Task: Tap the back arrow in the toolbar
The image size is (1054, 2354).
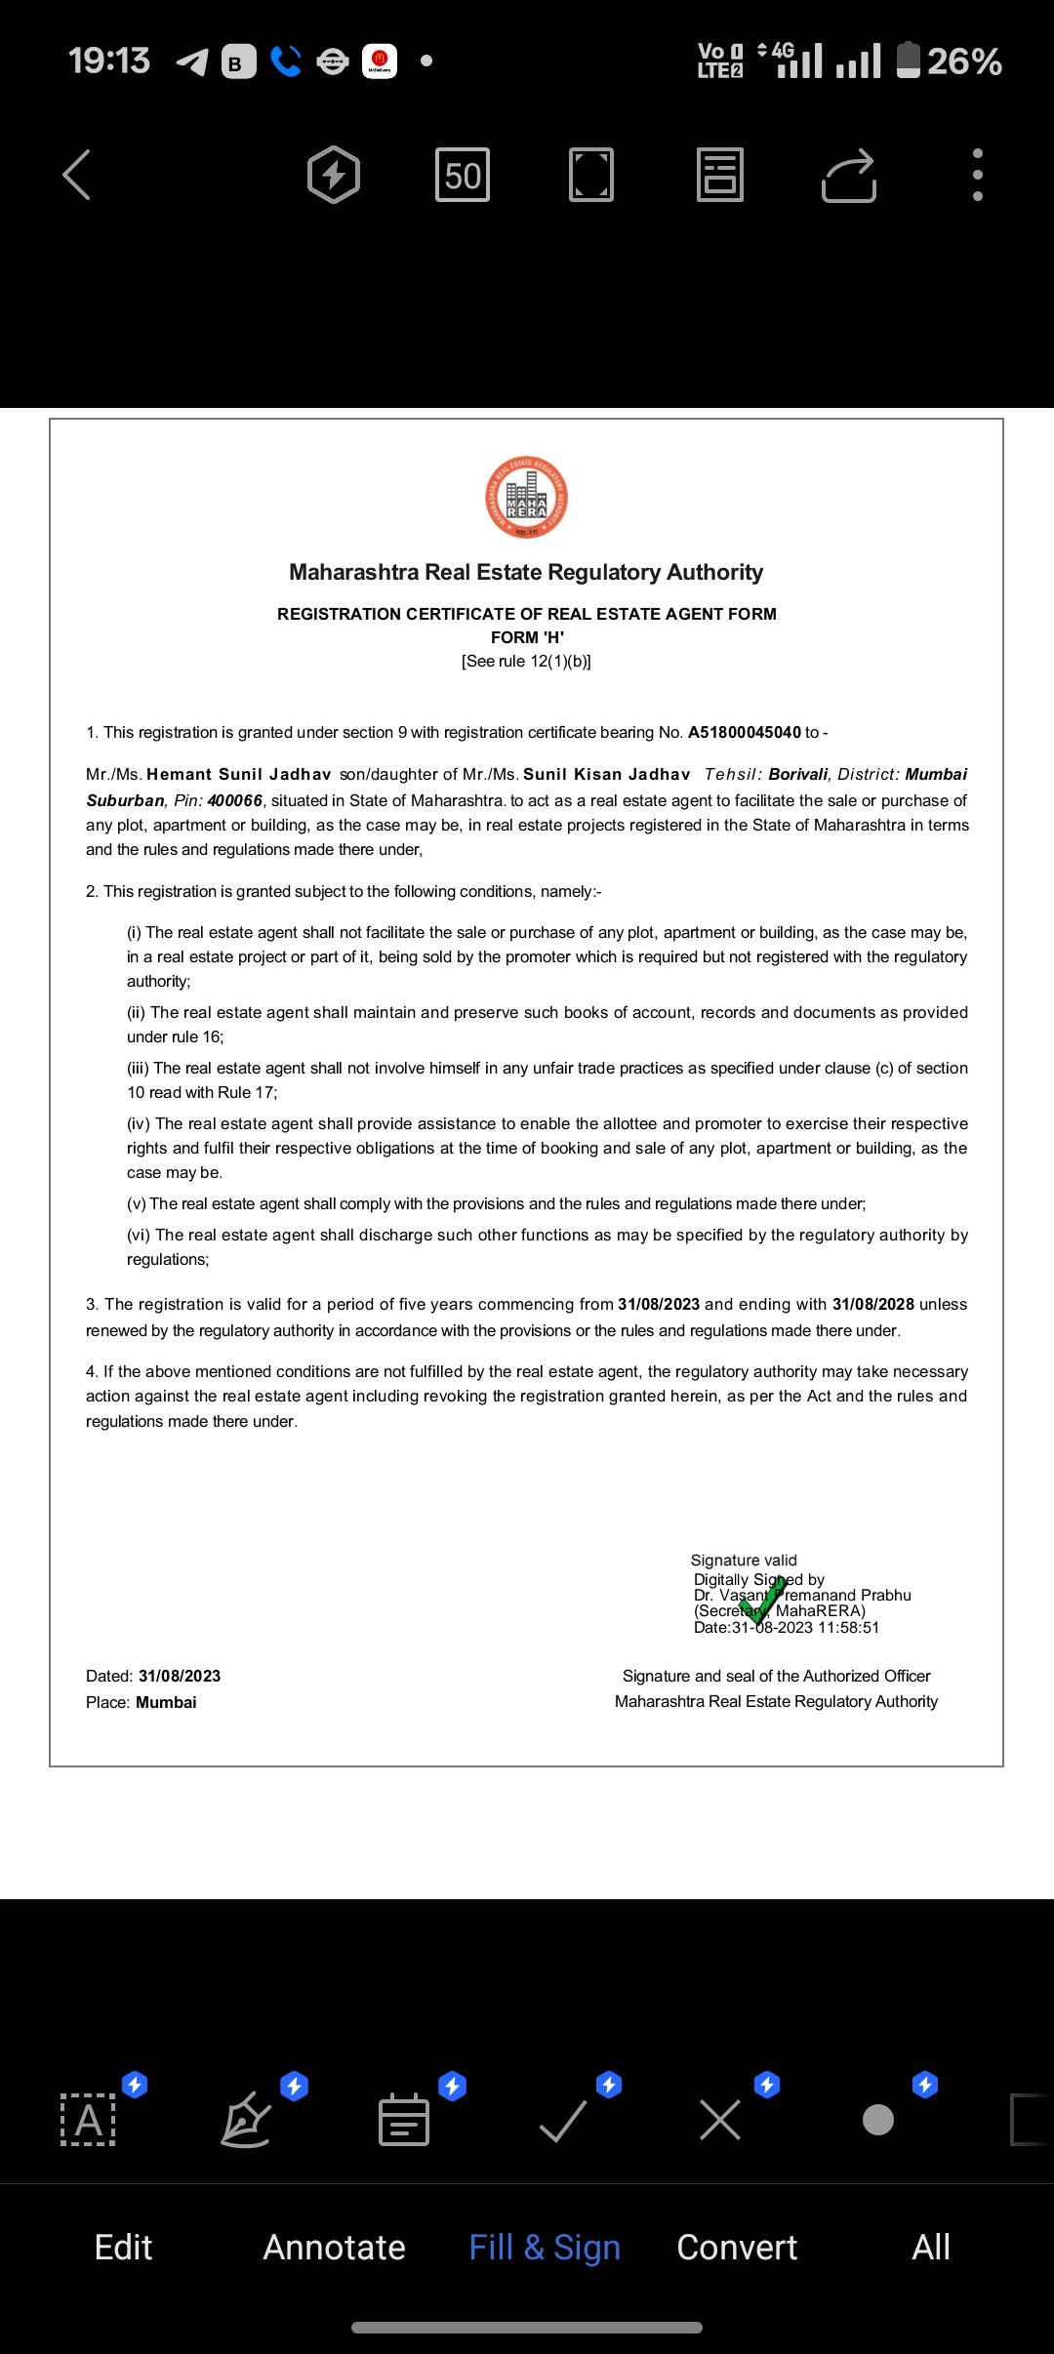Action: pyautogui.click(x=77, y=176)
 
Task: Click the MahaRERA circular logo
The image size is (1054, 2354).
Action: pyautogui.click(x=527, y=498)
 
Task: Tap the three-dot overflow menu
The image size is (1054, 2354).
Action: pyautogui.click(x=977, y=176)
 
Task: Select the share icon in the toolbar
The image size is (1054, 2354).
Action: pyautogui.click(x=849, y=176)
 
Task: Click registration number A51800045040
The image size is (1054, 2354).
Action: pyautogui.click(x=744, y=733)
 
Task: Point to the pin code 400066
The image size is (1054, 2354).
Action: pyautogui.click(x=235, y=801)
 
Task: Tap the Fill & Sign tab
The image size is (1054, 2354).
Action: pyautogui.click(x=545, y=2247)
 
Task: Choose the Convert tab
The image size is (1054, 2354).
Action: pyautogui.click(x=737, y=2247)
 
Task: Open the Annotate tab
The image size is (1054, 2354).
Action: pyautogui.click(x=334, y=2247)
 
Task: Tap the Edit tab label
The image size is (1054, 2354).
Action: pyautogui.click(x=123, y=2247)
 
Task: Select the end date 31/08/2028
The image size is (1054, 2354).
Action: pyautogui.click(x=872, y=1305)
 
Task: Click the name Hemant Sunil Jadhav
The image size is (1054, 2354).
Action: pyautogui.click(x=238, y=775)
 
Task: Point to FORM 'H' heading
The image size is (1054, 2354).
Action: pyautogui.click(x=527, y=637)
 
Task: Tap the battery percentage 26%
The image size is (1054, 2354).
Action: pyautogui.click(x=964, y=61)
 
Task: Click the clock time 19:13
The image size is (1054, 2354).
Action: pyautogui.click(x=109, y=61)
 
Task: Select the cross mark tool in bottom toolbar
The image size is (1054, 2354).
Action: pyautogui.click(x=720, y=2120)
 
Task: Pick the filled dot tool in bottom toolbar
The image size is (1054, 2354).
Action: pyautogui.click(x=878, y=2120)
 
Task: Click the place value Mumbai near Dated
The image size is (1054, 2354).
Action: pyautogui.click(x=166, y=1703)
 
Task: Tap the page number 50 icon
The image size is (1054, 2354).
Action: pyautogui.click(x=463, y=176)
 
